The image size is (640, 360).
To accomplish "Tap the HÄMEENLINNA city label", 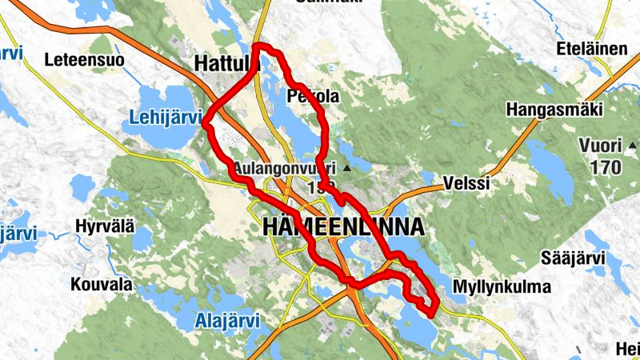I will [x=343, y=227].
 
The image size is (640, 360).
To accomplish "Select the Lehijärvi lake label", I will [x=165, y=118].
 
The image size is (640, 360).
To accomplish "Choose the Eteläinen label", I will [x=594, y=50].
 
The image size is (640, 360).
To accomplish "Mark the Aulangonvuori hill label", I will [x=285, y=170].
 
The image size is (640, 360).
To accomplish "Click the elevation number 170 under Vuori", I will [x=604, y=167].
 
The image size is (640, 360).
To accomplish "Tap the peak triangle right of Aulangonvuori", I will [x=346, y=169].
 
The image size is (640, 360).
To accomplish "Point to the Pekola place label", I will [x=313, y=96].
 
